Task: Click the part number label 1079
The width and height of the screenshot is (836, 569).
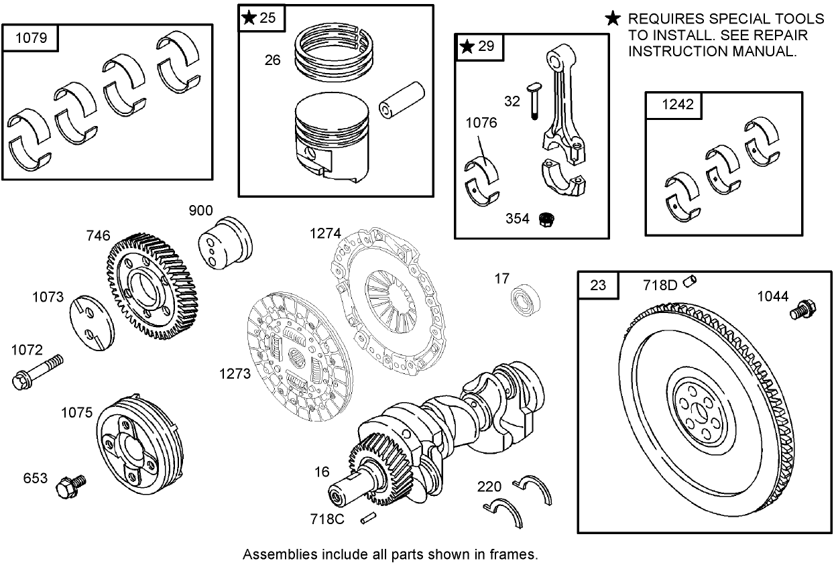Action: coord(31,38)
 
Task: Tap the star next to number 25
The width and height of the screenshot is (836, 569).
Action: coord(249,18)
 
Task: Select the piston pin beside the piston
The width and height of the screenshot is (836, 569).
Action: coord(402,101)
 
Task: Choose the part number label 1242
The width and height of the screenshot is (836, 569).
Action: coord(672,105)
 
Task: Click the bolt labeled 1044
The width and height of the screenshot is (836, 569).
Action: coord(800,310)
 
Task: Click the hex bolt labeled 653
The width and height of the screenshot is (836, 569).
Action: coord(69,485)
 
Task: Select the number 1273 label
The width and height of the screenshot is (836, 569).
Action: coord(235,373)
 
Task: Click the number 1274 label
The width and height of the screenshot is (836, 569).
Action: coord(324,233)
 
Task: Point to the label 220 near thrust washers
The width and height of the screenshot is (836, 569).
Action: coord(490,485)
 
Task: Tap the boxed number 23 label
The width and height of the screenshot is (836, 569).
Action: coord(598,285)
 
